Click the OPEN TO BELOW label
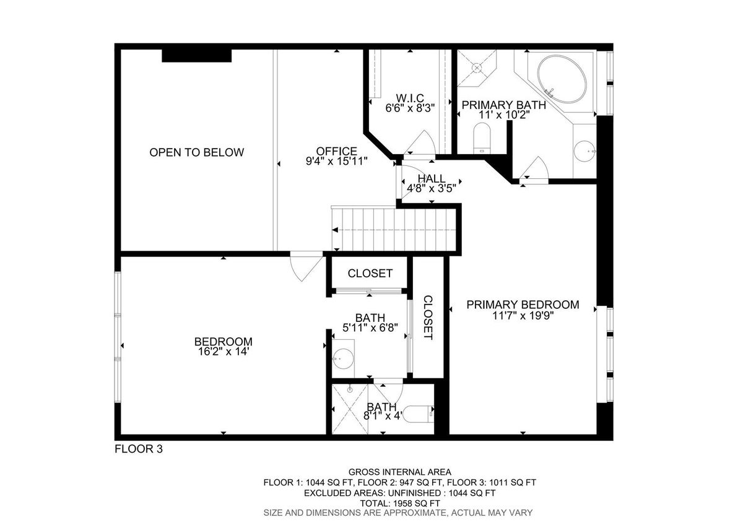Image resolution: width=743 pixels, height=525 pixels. coord(196,152)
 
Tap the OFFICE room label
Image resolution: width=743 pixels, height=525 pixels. coord(336,151)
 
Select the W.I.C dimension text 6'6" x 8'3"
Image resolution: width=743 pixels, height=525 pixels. coord(410,108)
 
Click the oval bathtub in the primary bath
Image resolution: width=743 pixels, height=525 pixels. coord(562,80)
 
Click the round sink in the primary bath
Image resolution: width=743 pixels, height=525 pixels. coord(584,151)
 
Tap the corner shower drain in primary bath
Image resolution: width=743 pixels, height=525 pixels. coord(477,68)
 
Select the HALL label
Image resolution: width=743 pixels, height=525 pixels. coord(431,179)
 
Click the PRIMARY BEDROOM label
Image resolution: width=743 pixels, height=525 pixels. coord(523,305)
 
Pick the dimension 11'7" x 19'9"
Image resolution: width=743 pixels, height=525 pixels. coord(523,315)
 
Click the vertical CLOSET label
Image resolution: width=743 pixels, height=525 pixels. coord(428,318)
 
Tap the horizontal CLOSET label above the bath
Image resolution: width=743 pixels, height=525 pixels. coord(370,273)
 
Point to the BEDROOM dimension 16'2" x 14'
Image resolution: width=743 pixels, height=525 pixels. coord(224,352)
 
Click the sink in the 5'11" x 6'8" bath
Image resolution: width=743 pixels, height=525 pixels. coord(343,358)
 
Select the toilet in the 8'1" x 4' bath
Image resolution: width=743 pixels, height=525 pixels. coord(418,414)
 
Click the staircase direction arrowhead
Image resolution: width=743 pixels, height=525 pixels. coord(335,230)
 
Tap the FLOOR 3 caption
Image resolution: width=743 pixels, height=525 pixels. coord(139,449)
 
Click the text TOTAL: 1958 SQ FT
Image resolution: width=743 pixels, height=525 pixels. coord(400,503)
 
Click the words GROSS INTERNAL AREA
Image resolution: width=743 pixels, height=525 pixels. coord(400,472)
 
